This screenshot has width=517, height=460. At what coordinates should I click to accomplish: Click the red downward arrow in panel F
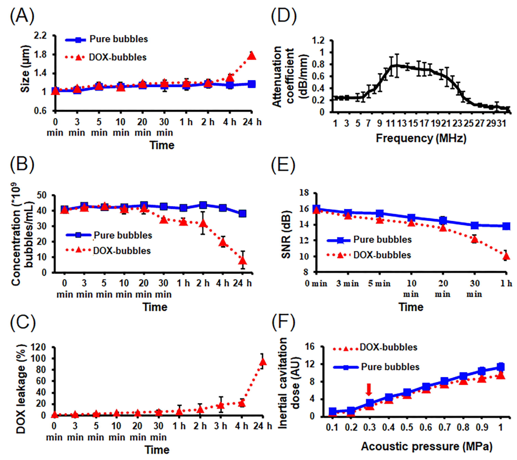(369, 389)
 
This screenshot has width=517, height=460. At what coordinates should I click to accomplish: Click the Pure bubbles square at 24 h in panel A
(251, 84)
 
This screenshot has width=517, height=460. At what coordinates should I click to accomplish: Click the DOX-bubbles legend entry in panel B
(109, 251)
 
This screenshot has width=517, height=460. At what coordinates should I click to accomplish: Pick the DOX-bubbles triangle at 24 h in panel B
(243, 260)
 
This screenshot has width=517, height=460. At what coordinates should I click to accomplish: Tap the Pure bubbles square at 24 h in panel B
(242, 214)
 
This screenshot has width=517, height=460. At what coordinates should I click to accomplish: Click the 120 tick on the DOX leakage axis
(38, 347)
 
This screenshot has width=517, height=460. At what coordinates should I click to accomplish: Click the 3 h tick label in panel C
(221, 426)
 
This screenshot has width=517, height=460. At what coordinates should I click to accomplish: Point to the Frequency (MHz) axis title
(421, 138)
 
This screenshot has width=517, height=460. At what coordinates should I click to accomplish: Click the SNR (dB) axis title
(286, 234)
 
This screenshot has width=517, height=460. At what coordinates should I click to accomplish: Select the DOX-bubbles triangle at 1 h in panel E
(506, 257)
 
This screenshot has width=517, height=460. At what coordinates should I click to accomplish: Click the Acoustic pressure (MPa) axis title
(426, 446)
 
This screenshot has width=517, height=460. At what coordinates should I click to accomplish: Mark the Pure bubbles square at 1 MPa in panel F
(501, 367)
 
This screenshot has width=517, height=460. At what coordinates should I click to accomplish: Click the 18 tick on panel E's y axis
(304, 193)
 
